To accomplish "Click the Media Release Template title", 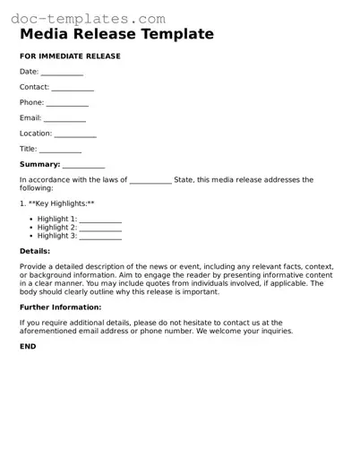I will coord(116,35).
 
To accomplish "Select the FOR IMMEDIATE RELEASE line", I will coord(70,56).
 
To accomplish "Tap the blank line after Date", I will coord(62,73).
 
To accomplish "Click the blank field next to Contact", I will coord(73,88).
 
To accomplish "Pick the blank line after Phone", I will coord(67,103).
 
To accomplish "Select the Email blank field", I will coord(64,118).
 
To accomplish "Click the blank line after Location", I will coord(75,134).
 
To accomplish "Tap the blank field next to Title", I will coord(60,150).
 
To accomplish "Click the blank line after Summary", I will coord(83,165).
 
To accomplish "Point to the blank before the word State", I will coord(150,180).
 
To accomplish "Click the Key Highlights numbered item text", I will coord(56,204).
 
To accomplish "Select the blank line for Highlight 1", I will coord(100,220).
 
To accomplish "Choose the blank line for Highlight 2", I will coord(100,228).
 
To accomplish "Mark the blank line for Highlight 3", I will coord(100,237).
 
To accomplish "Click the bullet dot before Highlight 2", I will coord(30,228).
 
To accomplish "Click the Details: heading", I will coord(35,251).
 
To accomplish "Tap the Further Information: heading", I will coord(60,307).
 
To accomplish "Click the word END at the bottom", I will coord(28,346).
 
